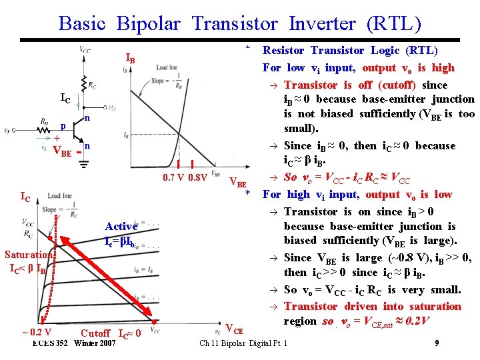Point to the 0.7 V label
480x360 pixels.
pyautogui.click(x=175, y=178)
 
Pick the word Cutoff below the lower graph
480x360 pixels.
pyautogui.click(x=95, y=333)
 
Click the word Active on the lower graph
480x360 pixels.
pyautogui.click(x=121, y=227)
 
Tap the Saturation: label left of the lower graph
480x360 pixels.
pyautogui.click(x=29, y=255)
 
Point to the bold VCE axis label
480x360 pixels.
pyautogui.click(x=235, y=328)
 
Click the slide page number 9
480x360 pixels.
pyautogui.click(x=436, y=343)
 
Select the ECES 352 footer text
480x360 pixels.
pyautogui.click(x=50, y=343)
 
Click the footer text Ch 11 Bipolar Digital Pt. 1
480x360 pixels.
pyautogui.click(x=244, y=343)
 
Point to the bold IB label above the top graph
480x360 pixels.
pyautogui.click(x=130, y=60)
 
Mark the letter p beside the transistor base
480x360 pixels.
pyautogui.click(x=62, y=126)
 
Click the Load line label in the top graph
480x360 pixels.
pyautogui.click(x=167, y=68)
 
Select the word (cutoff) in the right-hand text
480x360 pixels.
pyautogui.click(x=399, y=85)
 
